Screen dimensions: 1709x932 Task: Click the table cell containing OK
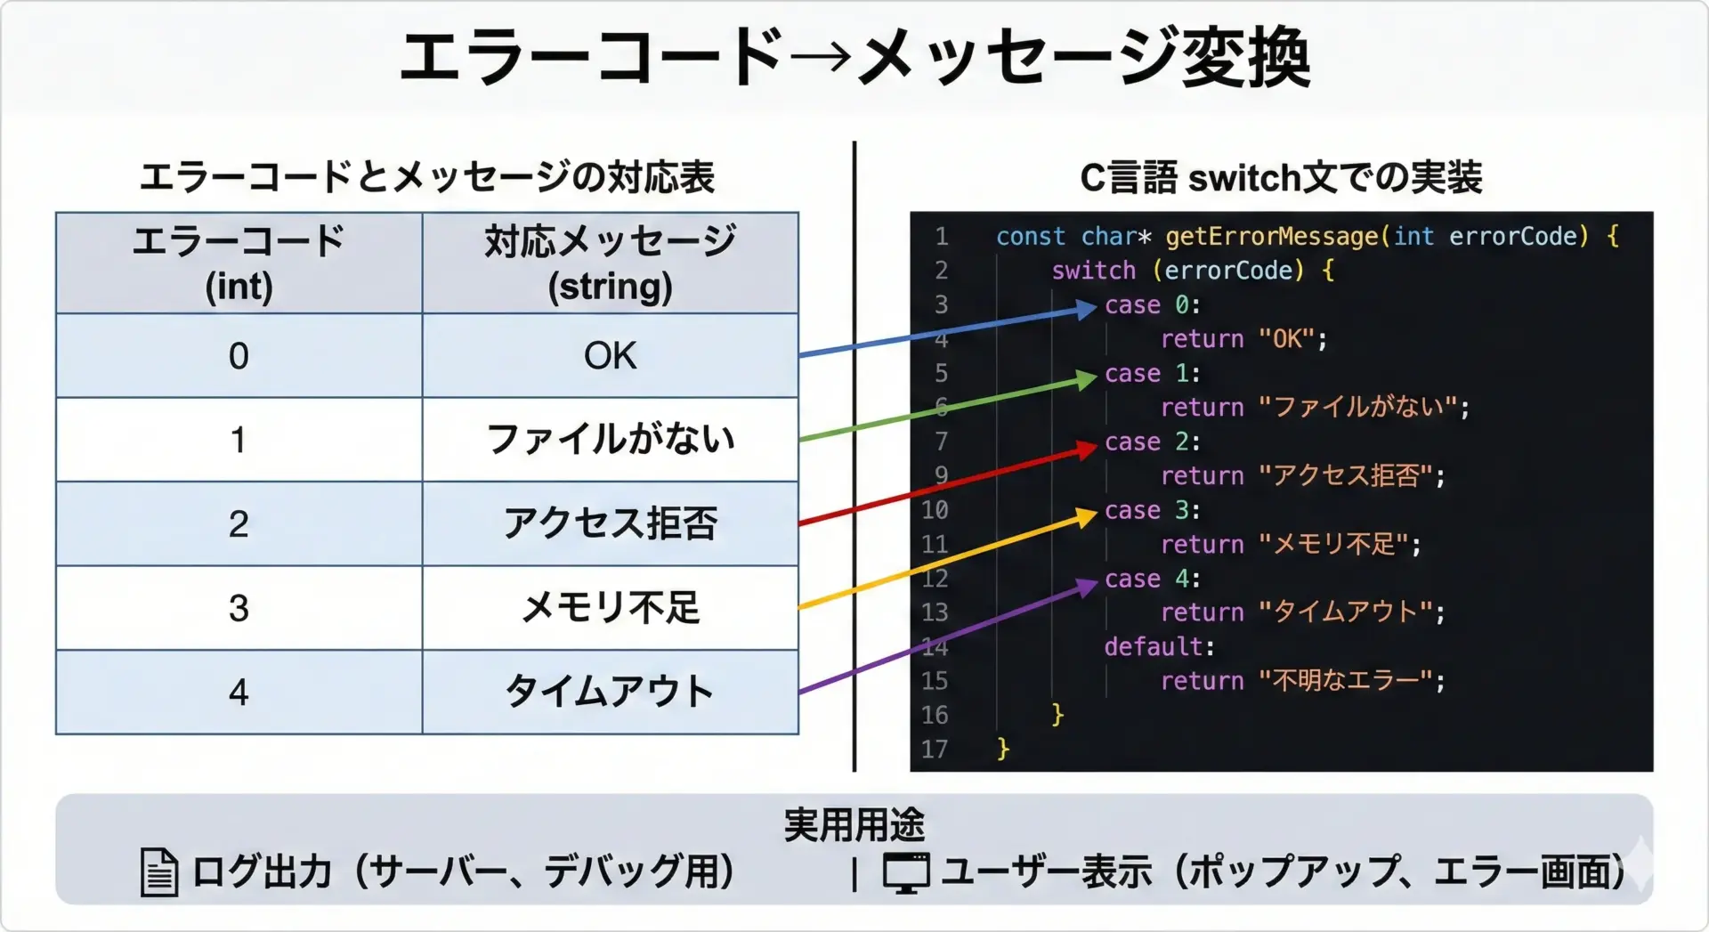(610, 355)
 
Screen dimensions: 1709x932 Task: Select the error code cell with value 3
(239, 608)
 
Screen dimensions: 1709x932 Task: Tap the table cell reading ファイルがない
(610, 439)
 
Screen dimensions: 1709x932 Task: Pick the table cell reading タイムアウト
(610, 692)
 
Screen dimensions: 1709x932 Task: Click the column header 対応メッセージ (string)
(610, 263)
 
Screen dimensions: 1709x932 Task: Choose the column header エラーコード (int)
(239, 263)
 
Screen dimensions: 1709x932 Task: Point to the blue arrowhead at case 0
(1087, 309)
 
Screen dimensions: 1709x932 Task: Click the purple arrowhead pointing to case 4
(1087, 587)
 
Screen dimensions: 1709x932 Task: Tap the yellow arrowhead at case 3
(1087, 516)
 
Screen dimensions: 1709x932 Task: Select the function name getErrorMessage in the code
(1272, 236)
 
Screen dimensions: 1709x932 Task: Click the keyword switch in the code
(1093, 270)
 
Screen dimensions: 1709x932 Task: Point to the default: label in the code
(1159, 646)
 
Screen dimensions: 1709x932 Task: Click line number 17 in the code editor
(935, 749)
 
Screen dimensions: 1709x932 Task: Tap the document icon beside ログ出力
(159, 871)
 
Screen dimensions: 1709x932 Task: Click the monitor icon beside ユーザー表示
(906, 872)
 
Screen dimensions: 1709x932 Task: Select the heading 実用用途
(854, 824)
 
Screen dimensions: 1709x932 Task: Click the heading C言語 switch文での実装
(1281, 177)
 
